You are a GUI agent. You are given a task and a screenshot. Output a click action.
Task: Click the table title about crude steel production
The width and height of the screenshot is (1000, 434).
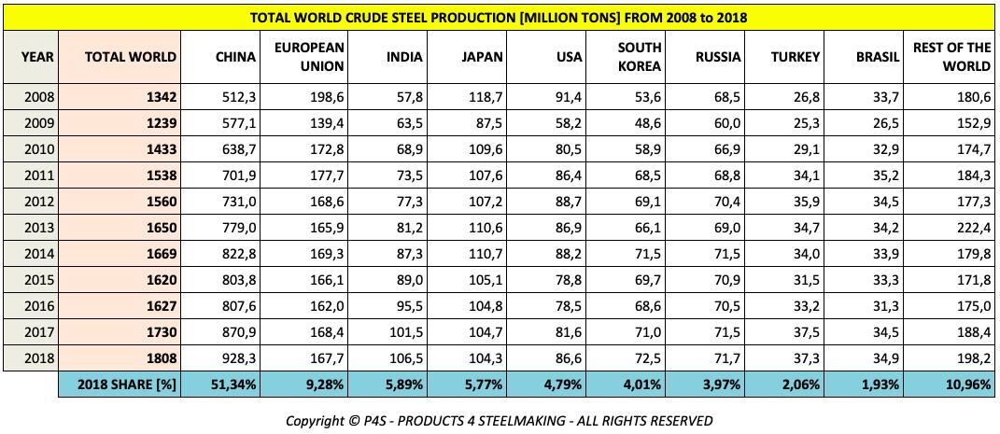tap(500, 18)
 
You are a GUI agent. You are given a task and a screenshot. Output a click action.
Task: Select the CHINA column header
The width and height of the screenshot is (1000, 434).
tap(235, 57)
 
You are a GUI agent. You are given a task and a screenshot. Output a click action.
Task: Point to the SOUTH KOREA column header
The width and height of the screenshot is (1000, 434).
tap(641, 57)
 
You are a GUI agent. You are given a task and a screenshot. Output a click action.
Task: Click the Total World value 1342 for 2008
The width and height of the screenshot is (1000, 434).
tap(161, 97)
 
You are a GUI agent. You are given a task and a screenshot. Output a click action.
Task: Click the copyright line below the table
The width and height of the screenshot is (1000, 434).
tap(500, 420)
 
